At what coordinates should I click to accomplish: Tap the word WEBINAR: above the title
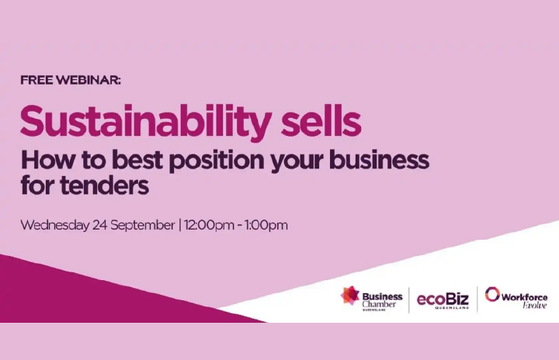coord(89,80)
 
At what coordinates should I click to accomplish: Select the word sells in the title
coord(321,120)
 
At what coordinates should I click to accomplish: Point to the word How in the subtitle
coord(48,160)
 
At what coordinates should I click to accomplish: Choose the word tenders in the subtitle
coord(104,185)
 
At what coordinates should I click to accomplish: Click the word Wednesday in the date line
coord(55,226)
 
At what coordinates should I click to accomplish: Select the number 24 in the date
coord(100,225)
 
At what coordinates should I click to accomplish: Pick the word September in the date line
coord(143,226)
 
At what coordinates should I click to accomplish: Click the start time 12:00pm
coord(209,226)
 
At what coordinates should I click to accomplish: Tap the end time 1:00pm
coord(266,226)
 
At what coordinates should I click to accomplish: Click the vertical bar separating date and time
coord(179,226)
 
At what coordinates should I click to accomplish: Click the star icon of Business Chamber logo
coord(349,296)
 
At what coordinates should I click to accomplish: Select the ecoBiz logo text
coord(443,299)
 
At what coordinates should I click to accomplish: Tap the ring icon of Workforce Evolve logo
coord(492,294)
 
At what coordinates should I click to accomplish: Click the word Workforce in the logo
coord(524,297)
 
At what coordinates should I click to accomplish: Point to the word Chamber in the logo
coord(379,304)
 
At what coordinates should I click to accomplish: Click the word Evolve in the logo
coord(534,305)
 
